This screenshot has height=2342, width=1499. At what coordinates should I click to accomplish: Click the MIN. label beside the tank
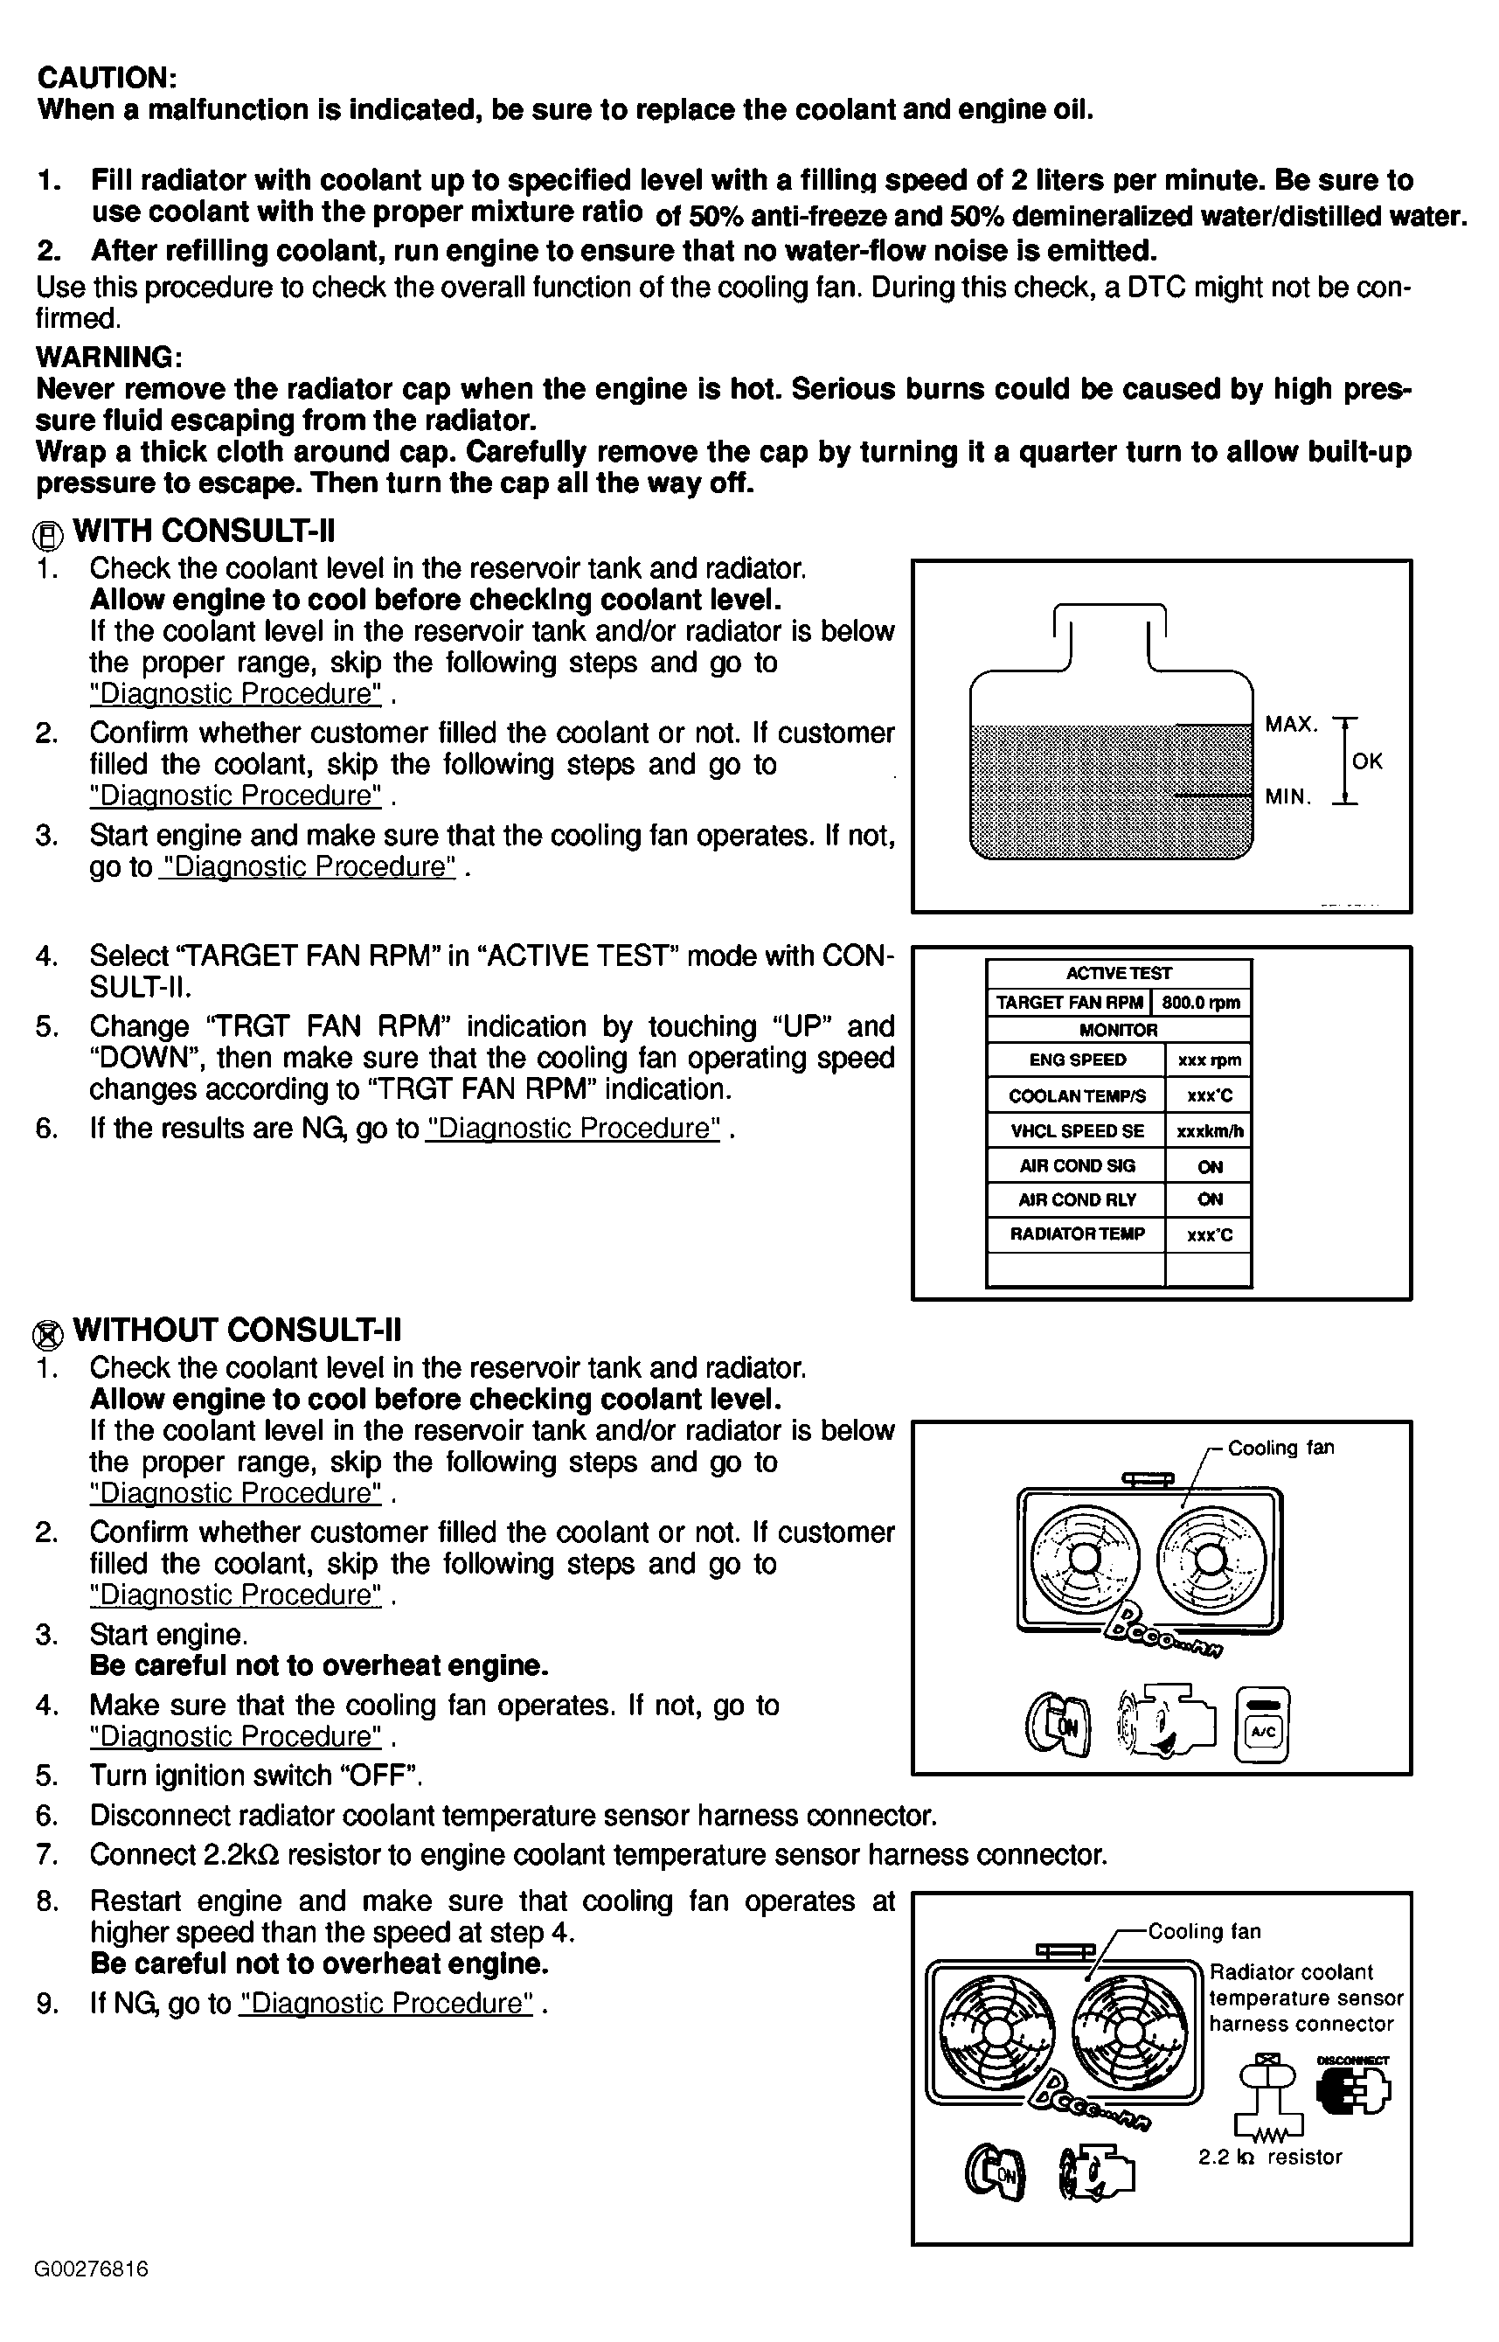1288,797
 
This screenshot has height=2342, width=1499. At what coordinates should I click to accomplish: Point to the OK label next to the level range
1368,761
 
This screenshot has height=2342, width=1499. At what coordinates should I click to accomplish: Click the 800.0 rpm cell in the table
1201,1003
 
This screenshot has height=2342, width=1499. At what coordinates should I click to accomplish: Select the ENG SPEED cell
1077,1060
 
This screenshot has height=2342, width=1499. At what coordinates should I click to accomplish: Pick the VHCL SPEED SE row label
1077,1131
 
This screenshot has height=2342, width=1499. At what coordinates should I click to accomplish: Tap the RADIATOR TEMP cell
1077,1234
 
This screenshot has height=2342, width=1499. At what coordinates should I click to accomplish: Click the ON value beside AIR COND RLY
1210,1199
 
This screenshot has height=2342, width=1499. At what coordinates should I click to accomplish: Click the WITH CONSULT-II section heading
204,532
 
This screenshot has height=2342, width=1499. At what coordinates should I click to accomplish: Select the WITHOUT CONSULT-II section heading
237,1331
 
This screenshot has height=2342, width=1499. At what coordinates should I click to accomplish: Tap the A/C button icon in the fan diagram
1262,1726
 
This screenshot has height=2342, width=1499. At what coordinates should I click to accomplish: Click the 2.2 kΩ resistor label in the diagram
1269,2157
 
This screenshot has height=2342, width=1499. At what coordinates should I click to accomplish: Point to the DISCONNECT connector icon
1353,2088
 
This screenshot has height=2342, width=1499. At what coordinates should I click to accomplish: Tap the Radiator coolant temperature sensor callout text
1305,1998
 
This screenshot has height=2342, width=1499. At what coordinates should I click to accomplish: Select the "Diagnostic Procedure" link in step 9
386,2005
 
